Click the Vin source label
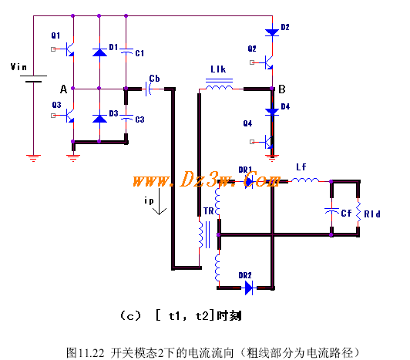pos(18,67)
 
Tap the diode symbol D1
pos(99,52)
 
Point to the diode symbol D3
pos(99,118)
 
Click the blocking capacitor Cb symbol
pos(148,89)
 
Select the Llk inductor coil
pos(219,85)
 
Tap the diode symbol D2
pos(272,32)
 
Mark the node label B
pos(282,89)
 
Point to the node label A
pos(63,89)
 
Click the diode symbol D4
pos(272,112)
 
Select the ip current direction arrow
pos(160,201)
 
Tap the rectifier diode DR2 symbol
pos(249,288)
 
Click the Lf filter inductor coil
pos(305,180)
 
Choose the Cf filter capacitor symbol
pos(331,211)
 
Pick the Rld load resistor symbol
pos(358,213)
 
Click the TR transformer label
pos(209,211)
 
